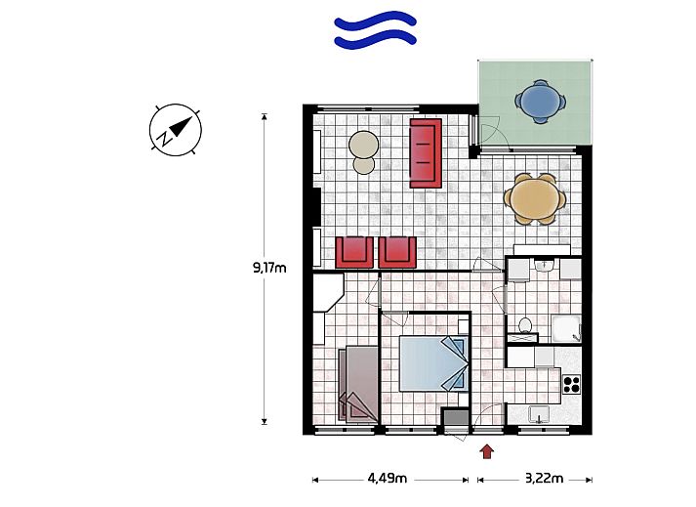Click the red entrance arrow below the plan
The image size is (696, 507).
487,451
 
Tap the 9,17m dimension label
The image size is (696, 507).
269,268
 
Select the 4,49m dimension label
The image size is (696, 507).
388,479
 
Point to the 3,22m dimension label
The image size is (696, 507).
544,479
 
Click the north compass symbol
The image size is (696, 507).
176,130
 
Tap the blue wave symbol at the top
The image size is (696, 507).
375,29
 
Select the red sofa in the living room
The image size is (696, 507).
426,152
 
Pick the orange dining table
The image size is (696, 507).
535,199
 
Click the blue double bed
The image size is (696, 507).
433,363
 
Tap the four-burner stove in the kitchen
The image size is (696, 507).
572,384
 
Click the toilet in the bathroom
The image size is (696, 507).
525,325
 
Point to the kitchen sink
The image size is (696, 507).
539,415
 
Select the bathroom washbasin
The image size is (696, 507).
544,266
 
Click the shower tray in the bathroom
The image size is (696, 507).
566,329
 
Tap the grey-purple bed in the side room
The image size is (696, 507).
358,384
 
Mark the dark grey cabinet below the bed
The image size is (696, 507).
456,418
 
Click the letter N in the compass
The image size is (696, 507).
164,138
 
